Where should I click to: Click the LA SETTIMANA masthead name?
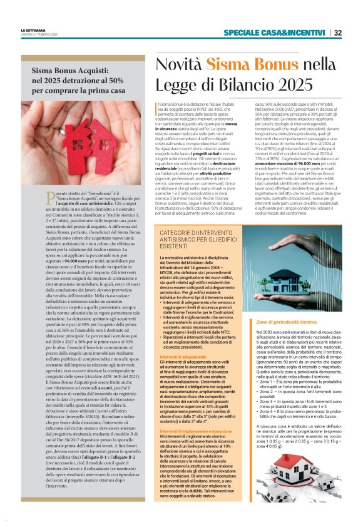click(33, 30)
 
